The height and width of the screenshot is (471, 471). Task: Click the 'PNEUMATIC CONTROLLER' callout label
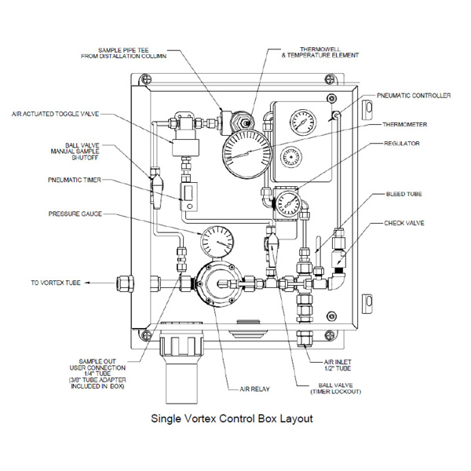pyautogui.click(x=414, y=96)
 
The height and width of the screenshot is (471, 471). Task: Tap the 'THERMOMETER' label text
pyautogui.click(x=404, y=124)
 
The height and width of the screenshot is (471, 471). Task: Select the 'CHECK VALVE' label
pyautogui.click(x=404, y=223)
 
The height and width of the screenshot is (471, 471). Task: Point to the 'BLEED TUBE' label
pyautogui.click(x=403, y=194)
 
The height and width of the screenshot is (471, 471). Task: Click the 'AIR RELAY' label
pyautogui.click(x=254, y=389)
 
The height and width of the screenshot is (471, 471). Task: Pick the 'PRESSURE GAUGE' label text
pyautogui.click(x=75, y=214)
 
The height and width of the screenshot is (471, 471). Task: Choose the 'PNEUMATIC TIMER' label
pyautogui.click(x=75, y=180)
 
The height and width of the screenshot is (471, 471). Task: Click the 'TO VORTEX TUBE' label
pyautogui.click(x=56, y=283)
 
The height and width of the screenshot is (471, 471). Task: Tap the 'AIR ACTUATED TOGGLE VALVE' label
pyautogui.click(x=55, y=114)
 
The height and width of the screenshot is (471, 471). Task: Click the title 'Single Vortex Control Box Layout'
pyautogui.click(x=232, y=418)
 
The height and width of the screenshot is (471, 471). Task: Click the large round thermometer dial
pyautogui.click(x=247, y=154)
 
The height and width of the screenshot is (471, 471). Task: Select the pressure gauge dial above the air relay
pyautogui.click(x=217, y=242)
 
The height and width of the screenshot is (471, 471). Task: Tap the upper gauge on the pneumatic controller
pyautogui.click(x=303, y=122)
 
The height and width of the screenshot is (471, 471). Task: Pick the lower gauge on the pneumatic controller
pyautogui.click(x=291, y=157)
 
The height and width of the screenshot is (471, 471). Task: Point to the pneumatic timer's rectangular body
pyautogui.click(x=188, y=196)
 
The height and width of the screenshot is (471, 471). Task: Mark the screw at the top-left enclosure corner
pyautogui.click(x=145, y=78)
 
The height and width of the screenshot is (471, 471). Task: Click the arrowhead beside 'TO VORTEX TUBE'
pyautogui.click(x=87, y=283)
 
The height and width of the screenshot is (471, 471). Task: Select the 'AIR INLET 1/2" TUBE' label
pyautogui.click(x=338, y=365)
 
